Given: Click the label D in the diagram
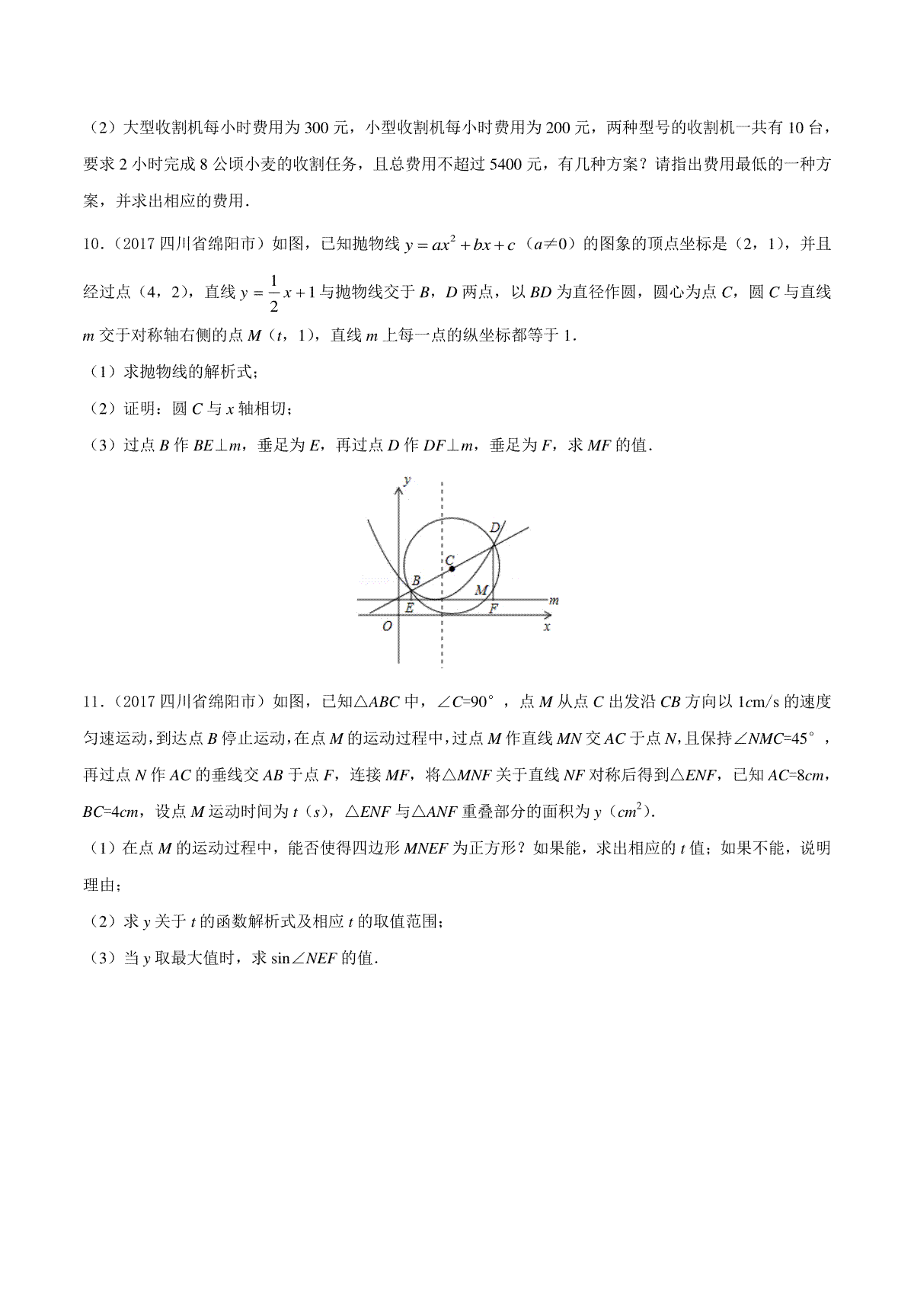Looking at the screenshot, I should click(x=494, y=527).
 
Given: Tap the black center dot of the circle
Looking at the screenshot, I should click(x=452, y=569).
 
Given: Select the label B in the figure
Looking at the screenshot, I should click(x=415, y=581).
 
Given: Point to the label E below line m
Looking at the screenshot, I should click(x=409, y=608).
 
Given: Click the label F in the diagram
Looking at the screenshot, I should click(x=494, y=608).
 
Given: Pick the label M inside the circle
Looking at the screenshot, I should click(x=481, y=589).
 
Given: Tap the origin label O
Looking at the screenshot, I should click(x=387, y=626).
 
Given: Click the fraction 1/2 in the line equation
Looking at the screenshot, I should click(x=275, y=293).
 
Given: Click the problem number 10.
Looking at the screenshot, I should click(x=91, y=245).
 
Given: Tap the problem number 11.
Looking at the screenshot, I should click(x=91, y=702).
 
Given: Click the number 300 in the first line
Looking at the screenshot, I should click(x=316, y=128).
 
